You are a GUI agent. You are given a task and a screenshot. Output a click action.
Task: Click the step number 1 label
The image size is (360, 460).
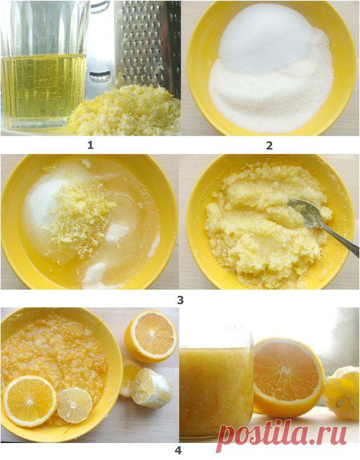point(91,145)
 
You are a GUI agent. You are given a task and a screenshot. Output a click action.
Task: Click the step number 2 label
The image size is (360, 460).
point(269,146)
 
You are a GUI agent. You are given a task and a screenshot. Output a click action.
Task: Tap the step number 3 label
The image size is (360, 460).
point(180,300)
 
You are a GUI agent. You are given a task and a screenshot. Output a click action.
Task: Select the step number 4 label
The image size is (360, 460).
point(178,450)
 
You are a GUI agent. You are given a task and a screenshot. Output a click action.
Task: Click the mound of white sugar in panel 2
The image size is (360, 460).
point(272,71)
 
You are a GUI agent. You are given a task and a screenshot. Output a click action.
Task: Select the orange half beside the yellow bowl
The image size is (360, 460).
point(151,337)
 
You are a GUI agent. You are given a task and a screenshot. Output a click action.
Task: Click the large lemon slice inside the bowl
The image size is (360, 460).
point(30,401)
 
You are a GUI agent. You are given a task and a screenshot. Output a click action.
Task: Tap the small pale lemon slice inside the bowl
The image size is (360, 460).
point(75,405)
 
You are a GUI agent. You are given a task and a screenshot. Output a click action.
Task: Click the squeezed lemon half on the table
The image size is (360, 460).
point(150,387)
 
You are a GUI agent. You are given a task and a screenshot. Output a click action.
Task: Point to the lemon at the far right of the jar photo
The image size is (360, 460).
point(342,393)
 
